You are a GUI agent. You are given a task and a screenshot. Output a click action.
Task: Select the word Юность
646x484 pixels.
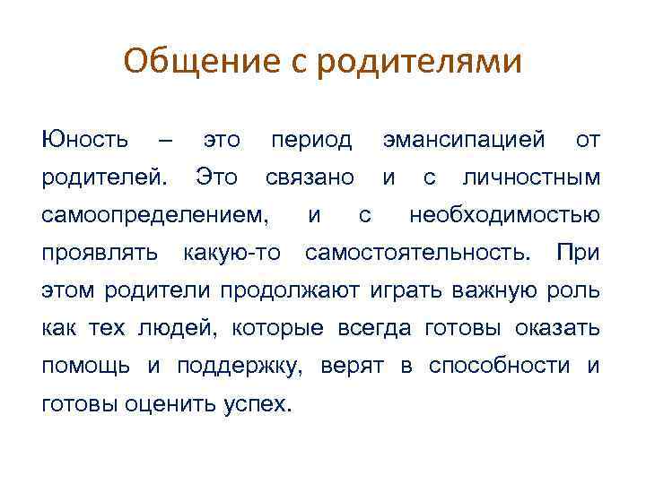pyautogui.click(x=84, y=140)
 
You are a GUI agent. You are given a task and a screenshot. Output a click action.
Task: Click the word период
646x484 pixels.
pyautogui.click(x=311, y=141)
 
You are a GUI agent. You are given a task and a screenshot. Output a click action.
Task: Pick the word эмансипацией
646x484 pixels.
pyautogui.click(x=464, y=140)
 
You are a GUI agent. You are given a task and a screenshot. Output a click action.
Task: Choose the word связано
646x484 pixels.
pyautogui.click(x=310, y=177)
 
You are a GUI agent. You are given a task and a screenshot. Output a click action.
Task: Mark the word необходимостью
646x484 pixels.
pyautogui.click(x=504, y=215)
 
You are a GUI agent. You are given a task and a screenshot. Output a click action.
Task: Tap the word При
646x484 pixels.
pyautogui.click(x=578, y=253)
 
